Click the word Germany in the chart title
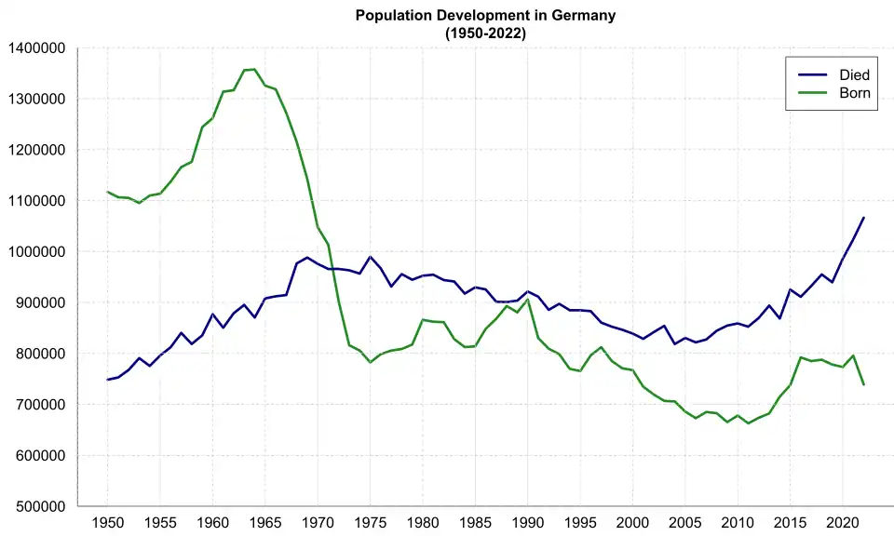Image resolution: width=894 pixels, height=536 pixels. (x=585, y=16)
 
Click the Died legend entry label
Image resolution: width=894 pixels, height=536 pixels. (x=855, y=74)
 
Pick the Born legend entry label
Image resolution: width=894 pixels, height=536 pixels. (x=855, y=93)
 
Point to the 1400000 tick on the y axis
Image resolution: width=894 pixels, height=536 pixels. (x=36, y=48)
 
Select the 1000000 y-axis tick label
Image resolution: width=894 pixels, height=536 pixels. (x=36, y=252)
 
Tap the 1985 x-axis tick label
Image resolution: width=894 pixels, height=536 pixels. (x=475, y=523)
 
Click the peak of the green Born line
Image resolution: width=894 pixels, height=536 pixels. (x=254, y=69)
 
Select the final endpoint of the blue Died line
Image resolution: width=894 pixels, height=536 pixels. (x=863, y=218)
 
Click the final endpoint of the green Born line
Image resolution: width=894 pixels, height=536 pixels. (x=863, y=384)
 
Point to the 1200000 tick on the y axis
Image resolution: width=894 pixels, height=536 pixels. (x=36, y=150)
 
